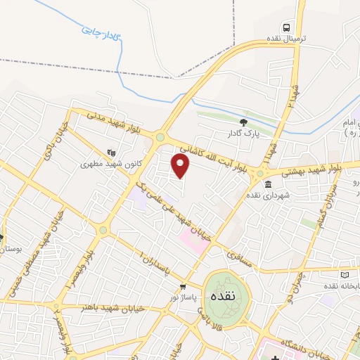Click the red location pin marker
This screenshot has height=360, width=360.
[x=181, y=166]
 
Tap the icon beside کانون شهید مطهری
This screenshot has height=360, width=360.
[x=110, y=152]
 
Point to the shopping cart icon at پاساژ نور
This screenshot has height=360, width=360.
[x=183, y=286]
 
